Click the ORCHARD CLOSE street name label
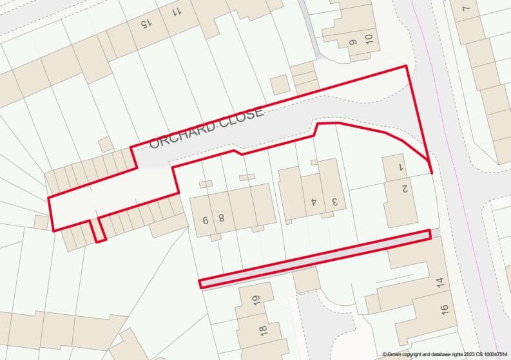click(x=206, y=128)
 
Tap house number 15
click(x=145, y=24)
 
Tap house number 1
click(x=400, y=167)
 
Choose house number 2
click(x=405, y=189)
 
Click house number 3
click(x=334, y=201)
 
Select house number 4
click(x=314, y=201)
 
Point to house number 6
click(x=206, y=220)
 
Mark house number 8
click(x=221, y=218)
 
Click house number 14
click(x=441, y=281)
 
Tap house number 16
click(x=444, y=310)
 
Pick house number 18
click(x=262, y=331)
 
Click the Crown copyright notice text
click(x=444, y=354)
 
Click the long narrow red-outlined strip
click(x=314, y=258)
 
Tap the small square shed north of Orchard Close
click(x=279, y=84)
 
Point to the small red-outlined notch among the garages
click(x=97, y=230)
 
